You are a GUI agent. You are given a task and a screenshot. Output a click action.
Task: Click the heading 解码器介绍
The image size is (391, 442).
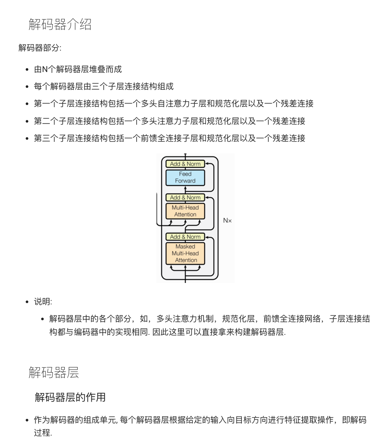click(60, 24)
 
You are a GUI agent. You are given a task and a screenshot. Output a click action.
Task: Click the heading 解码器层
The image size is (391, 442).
click(54, 372)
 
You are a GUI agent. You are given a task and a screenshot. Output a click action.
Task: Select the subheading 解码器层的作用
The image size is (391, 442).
click(70, 397)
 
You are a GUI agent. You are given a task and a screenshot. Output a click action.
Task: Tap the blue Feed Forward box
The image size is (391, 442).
click(185, 177)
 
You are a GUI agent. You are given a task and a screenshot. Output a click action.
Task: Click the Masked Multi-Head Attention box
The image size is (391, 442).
click(185, 253)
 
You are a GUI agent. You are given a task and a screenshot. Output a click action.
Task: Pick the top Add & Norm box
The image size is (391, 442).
click(185, 164)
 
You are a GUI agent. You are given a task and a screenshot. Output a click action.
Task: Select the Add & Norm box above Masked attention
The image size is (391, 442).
click(185, 237)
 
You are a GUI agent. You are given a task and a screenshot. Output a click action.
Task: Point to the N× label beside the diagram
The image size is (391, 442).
click(227, 220)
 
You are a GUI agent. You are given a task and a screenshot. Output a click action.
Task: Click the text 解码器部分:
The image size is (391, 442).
click(40, 48)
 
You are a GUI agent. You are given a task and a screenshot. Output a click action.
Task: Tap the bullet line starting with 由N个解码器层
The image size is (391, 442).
click(78, 69)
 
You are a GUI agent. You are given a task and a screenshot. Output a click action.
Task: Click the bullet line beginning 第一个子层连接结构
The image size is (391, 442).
click(174, 104)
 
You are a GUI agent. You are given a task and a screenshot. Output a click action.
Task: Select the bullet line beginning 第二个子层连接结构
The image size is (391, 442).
click(169, 121)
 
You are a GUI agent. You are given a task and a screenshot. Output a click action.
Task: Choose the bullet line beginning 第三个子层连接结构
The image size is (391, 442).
click(169, 138)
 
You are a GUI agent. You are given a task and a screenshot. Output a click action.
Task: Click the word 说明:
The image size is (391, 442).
click(43, 302)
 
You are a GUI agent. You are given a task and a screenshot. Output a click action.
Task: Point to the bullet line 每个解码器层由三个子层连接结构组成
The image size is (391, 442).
click(104, 87)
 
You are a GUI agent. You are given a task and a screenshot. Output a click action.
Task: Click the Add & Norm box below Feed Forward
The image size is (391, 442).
click(185, 198)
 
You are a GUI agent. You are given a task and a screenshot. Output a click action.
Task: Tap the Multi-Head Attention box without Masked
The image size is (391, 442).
click(185, 211)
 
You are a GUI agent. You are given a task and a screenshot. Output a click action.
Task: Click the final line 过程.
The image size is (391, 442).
click(42, 433)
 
